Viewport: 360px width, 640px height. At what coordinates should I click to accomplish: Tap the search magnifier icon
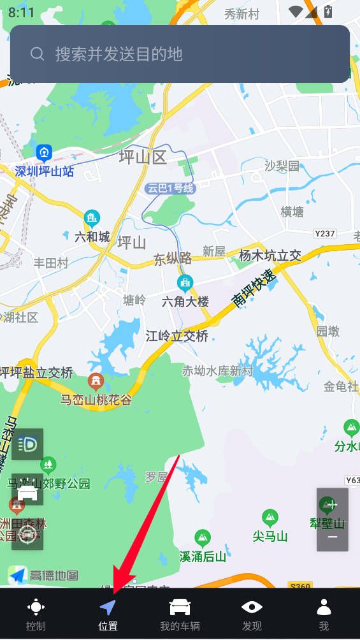[x=38, y=54]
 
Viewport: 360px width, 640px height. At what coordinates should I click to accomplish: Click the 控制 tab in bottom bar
[x=36, y=614]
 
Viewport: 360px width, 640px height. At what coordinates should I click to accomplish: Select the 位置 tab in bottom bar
[x=108, y=614]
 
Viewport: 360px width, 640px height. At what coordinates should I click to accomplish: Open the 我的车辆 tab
[x=180, y=614]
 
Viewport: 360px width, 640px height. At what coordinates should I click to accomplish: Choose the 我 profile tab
[x=324, y=614]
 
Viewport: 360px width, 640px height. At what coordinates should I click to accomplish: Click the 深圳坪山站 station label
[x=45, y=171]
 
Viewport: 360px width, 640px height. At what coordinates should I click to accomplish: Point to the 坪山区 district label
[x=143, y=157]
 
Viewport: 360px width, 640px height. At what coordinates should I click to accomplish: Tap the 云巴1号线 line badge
[x=169, y=188]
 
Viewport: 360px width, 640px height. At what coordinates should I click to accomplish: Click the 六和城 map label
[x=92, y=237]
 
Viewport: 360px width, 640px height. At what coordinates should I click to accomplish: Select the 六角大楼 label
[x=185, y=302]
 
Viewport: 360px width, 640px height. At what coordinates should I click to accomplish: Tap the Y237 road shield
[x=325, y=234]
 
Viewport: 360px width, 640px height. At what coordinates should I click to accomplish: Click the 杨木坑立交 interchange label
[x=270, y=256]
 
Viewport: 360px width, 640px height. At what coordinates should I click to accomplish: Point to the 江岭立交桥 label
[x=176, y=336]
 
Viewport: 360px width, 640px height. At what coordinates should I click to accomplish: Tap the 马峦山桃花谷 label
[x=96, y=400]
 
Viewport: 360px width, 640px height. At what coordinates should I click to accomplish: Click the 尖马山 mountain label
[x=270, y=536]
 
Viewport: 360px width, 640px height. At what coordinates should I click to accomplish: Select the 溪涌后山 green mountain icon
[x=203, y=539]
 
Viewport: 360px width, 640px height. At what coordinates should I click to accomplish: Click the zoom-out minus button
[x=332, y=537]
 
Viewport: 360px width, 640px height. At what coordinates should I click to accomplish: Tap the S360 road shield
[x=300, y=585]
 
